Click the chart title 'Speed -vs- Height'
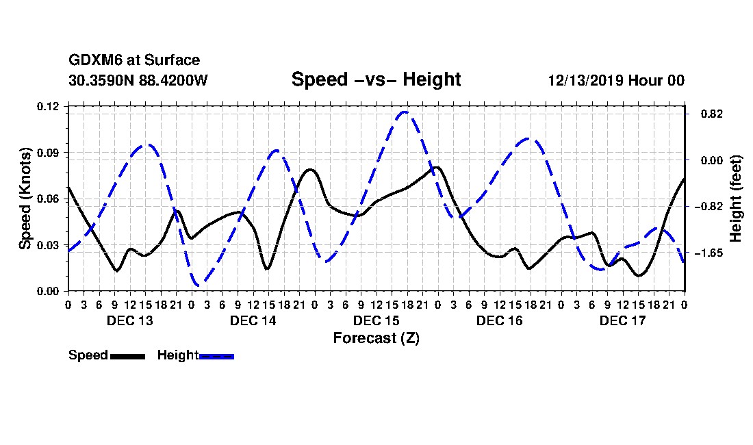pyautogui.click(x=376, y=79)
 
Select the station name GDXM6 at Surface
pyautogui.click(x=134, y=60)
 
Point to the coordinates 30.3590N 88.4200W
pyautogui.click(x=138, y=80)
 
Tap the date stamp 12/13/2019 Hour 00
pyautogui.click(x=616, y=80)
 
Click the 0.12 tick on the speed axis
pyautogui.click(x=48, y=106)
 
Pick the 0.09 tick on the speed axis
pyautogui.click(x=48, y=153)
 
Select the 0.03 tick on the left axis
pyautogui.click(x=48, y=245)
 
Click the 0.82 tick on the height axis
pyautogui.click(x=712, y=114)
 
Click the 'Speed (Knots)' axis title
pyautogui.click(x=25, y=199)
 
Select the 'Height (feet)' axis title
pyautogui.click(x=736, y=199)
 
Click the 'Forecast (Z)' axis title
pyautogui.click(x=376, y=338)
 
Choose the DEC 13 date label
pyautogui.click(x=129, y=320)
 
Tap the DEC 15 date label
pyautogui.click(x=376, y=320)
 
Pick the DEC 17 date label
pyautogui.click(x=622, y=320)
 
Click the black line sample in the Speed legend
pyautogui.click(x=128, y=356)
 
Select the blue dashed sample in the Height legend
pyautogui.click(x=216, y=356)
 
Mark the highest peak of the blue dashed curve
pyautogui.click(x=405, y=112)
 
